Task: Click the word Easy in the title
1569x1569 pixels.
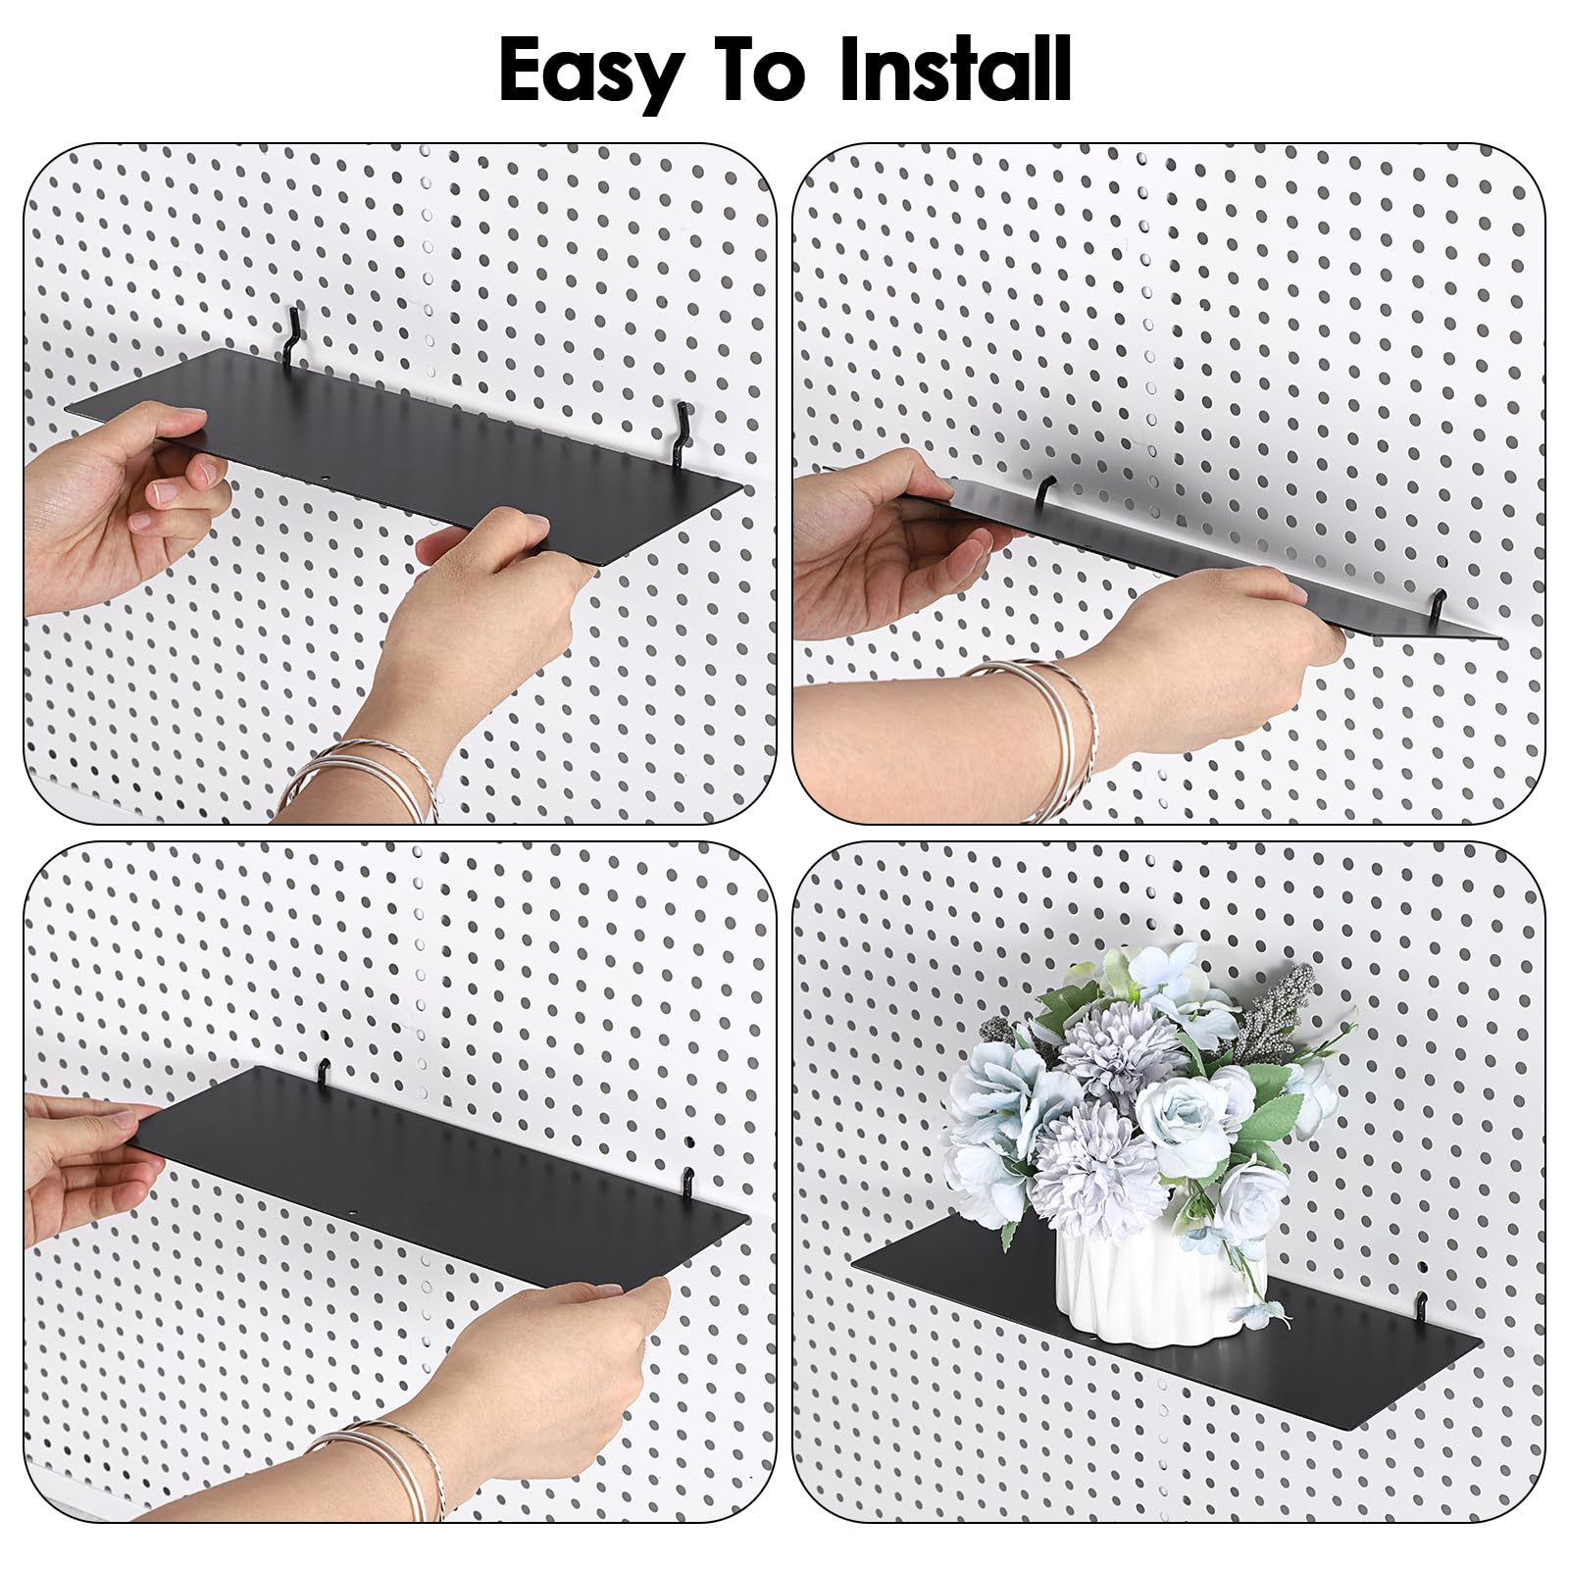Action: click(x=591, y=71)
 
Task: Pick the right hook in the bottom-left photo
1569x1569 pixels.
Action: click(x=689, y=1186)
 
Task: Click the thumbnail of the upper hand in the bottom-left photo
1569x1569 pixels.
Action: click(x=122, y=1119)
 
